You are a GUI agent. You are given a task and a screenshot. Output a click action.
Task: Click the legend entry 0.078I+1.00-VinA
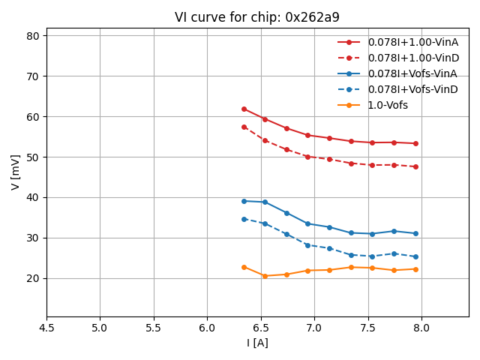point(412,42)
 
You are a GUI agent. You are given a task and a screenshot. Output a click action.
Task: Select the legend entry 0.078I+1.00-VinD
point(412,58)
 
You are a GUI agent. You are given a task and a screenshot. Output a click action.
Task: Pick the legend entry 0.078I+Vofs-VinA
point(412,73)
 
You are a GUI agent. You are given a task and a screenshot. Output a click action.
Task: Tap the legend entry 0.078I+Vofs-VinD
point(412,89)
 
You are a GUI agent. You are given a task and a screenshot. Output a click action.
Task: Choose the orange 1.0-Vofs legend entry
point(388,105)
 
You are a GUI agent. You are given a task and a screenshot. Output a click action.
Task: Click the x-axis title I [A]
point(257,343)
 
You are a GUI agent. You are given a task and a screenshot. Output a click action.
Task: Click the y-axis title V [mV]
point(16,172)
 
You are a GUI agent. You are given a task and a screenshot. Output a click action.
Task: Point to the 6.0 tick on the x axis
point(207,328)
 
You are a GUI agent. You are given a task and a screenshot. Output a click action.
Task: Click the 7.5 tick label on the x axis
point(367,328)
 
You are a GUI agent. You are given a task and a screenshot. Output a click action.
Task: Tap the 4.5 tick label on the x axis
point(46,328)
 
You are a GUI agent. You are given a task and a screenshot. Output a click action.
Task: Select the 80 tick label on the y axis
point(33,36)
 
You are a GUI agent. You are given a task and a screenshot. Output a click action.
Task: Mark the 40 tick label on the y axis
point(33,197)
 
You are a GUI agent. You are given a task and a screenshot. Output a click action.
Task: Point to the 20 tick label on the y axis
point(33,278)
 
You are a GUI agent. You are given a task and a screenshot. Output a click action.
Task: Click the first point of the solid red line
point(244,109)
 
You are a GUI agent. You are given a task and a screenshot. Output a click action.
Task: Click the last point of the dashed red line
point(415,166)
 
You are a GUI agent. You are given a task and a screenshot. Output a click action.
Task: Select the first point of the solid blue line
point(244,201)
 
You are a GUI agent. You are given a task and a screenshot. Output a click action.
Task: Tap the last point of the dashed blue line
point(415,256)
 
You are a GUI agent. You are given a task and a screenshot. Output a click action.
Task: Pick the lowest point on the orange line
point(265,276)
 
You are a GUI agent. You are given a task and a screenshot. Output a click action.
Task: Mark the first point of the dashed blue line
point(244,219)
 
